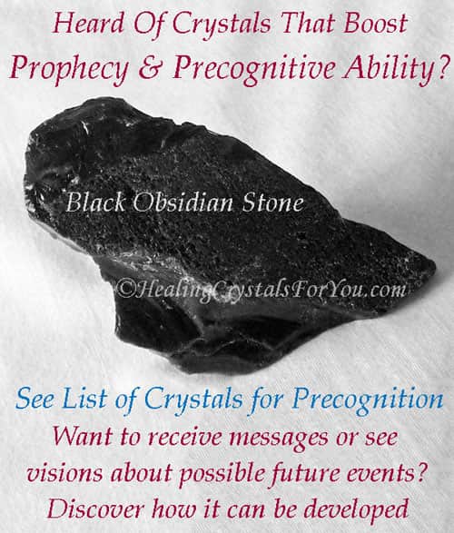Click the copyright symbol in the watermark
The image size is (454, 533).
[126, 289]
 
